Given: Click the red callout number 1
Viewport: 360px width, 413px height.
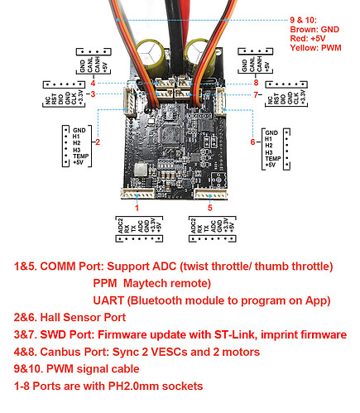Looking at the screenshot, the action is click(x=137, y=208).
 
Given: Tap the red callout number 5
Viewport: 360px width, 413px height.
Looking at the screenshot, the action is click(x=210, y=208).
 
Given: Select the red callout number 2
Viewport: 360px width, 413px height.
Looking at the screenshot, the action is click(x=98, y=142).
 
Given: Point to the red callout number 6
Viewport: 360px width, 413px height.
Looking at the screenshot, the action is click(x=252, y=142).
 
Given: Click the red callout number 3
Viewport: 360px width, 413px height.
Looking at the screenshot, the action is click(x=93, y=94).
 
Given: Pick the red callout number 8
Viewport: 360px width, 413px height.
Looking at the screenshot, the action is click(x=256, y=82).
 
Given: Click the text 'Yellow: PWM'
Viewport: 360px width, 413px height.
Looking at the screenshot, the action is click(x=315, y=48).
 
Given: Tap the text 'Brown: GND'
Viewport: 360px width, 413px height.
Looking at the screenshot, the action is click(x=314, y=29).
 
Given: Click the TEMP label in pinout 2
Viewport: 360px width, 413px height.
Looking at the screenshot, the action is click(x=81, y=156).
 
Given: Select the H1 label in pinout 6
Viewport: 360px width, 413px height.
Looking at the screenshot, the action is click(x=268, y=139).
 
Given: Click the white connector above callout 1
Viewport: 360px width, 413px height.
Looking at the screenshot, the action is click(x=137, y=194).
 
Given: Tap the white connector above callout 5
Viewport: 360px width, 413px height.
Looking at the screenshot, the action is click(x=211, y=194).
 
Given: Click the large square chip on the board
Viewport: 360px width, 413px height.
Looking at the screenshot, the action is click(x=170, y=135).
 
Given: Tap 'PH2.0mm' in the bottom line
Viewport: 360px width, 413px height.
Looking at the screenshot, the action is click(x=134, y=386).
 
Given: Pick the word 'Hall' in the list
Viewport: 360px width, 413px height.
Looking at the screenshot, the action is click(x=50, y=318).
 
